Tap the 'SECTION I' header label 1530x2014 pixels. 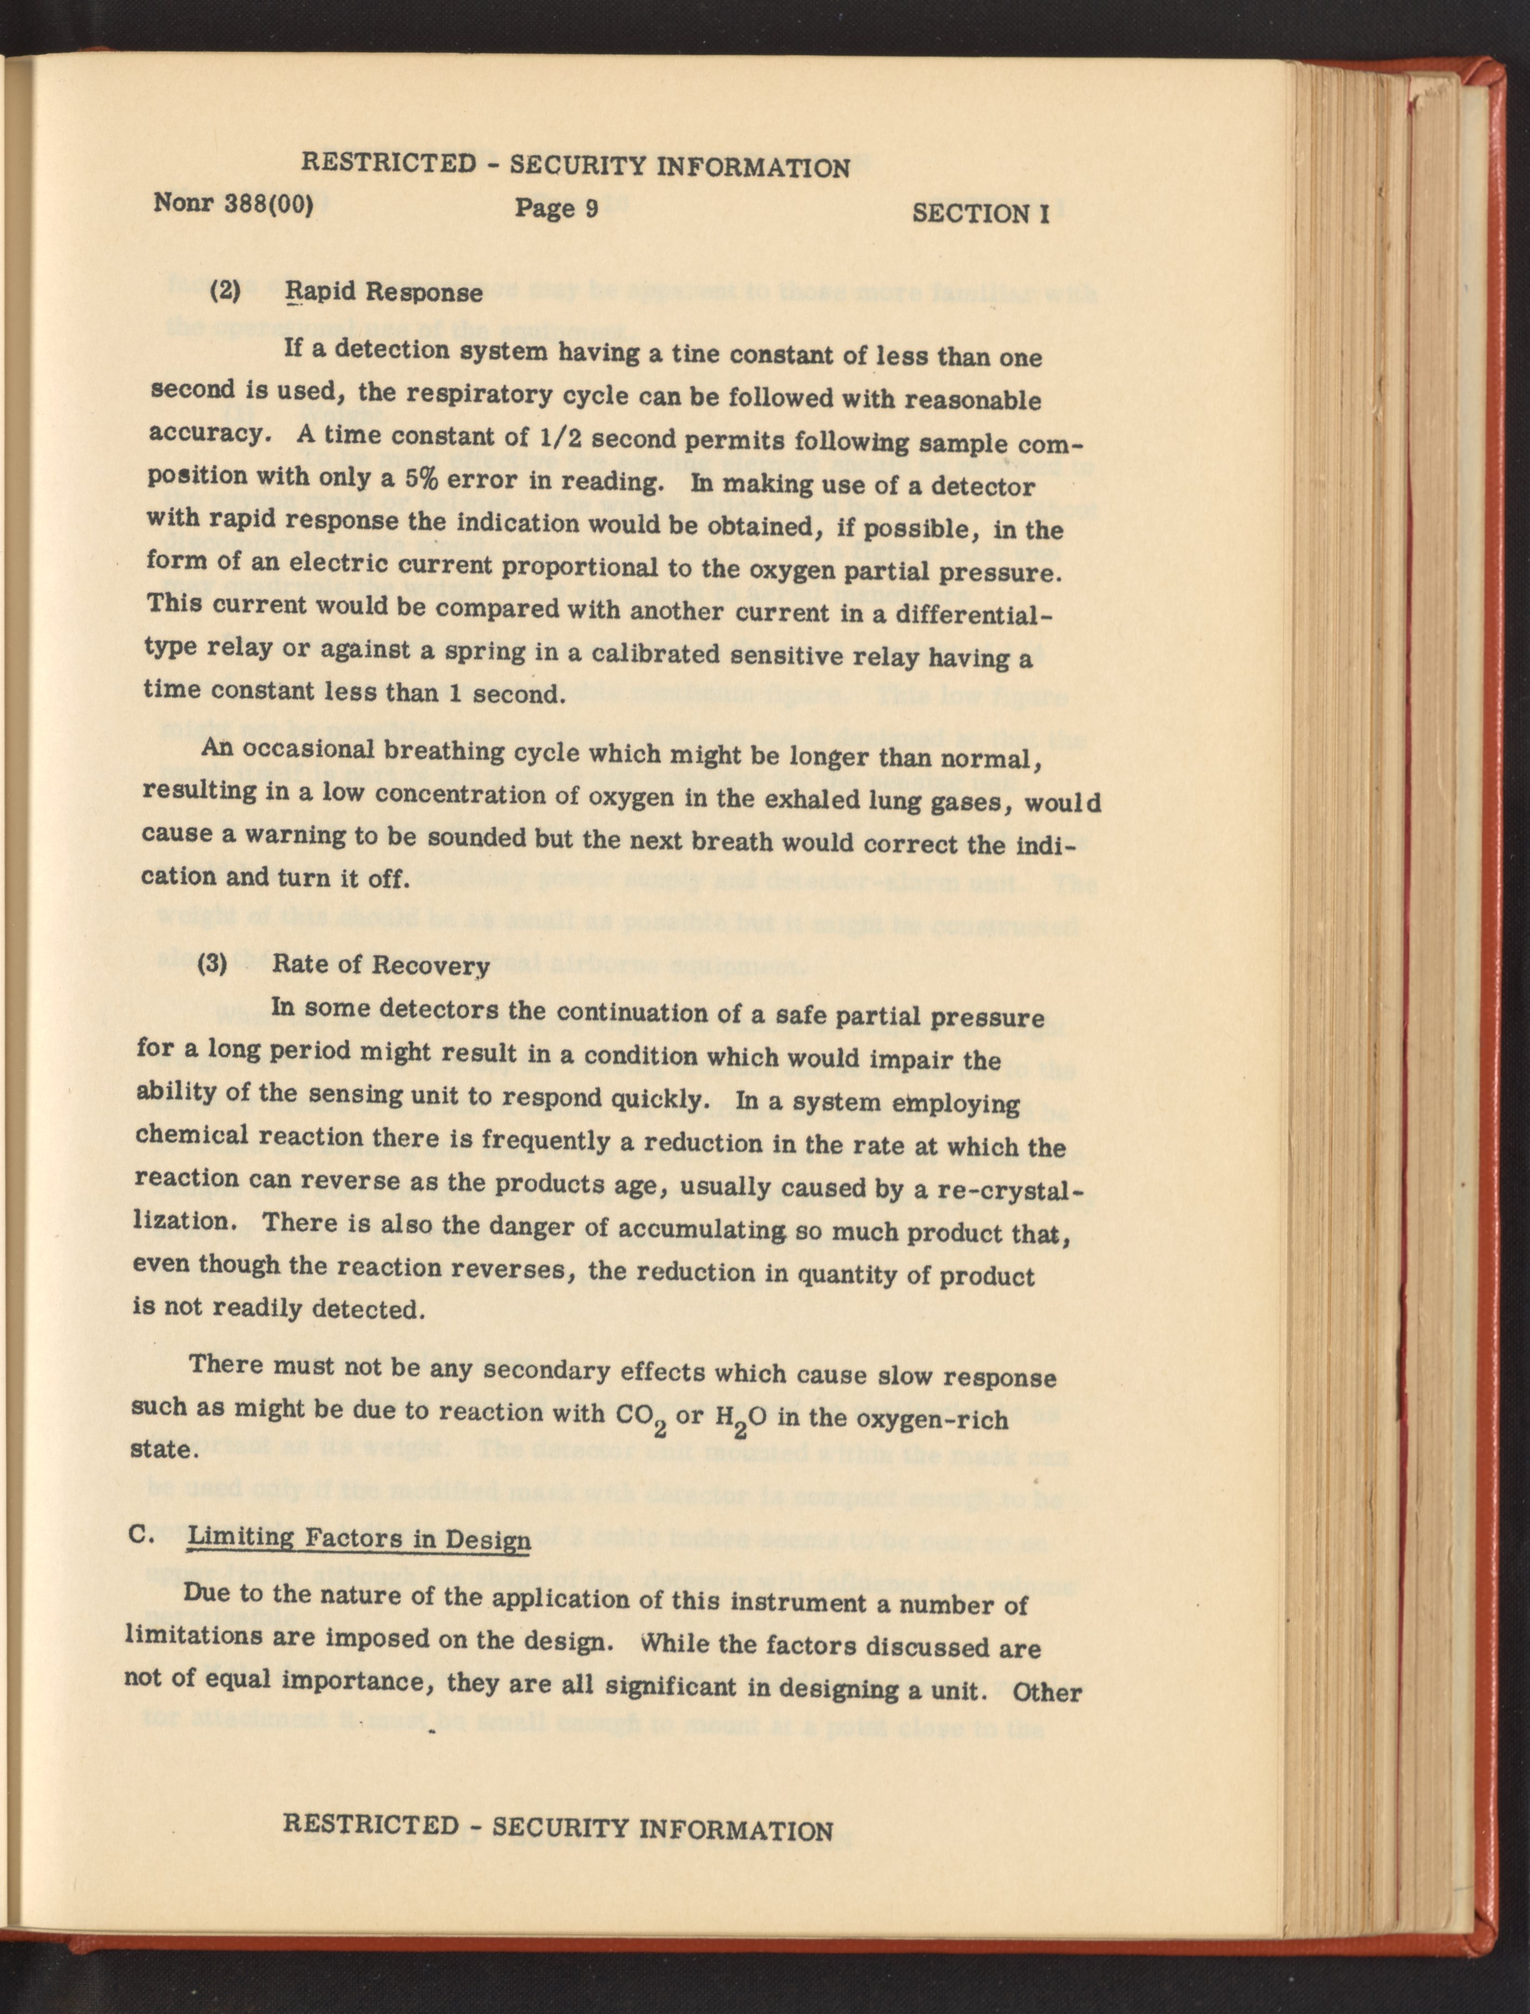pyautogui.click(x=981, y=213)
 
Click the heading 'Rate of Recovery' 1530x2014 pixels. pyautogui.click(x=380, y=965)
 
